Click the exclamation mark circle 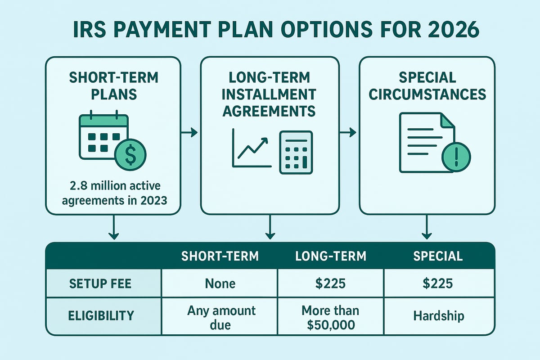pyautogui.click(x=456, y=157)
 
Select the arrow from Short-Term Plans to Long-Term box pyautogui.click(x=189, y=132)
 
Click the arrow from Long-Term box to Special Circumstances pyautogui.click(x=347, y=132)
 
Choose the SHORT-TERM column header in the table pyautogui.click(x=220, y=256)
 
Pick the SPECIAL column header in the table pyautogui.click(x=439, y=256)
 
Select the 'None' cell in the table pyautogui.click(x=220, y=283)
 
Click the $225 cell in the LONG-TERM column pyautogui.click(x=331, y=283)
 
